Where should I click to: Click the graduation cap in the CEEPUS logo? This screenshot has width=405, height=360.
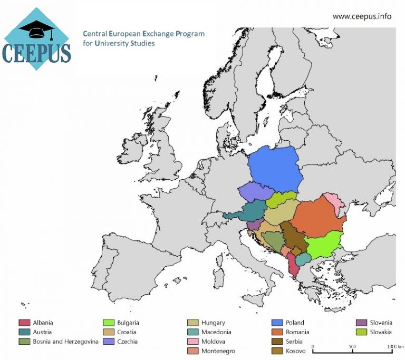coord(36,30)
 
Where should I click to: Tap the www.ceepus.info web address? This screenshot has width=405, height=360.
coord(362,16)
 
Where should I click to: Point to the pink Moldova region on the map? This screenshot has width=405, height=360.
coord(333,202)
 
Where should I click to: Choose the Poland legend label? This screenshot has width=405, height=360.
coord(294,323)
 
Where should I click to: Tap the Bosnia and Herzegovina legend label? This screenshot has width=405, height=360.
coord(65,342)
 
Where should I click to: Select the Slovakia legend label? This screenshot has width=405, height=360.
coord(380,332)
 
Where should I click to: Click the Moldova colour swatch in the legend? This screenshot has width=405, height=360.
coord(193,342)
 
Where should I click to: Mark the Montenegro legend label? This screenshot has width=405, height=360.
coord(218,351)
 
